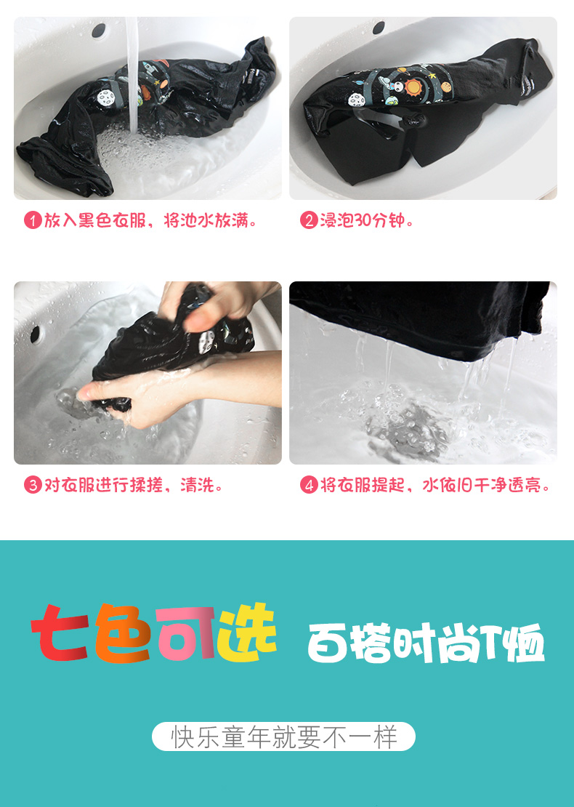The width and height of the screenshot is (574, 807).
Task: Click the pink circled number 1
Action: (x=33, y=221)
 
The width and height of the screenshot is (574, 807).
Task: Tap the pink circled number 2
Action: (x=309, y=221)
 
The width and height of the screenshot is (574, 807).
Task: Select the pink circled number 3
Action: (x=33, y=485)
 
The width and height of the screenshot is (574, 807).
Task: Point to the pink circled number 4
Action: (x=309, y=485)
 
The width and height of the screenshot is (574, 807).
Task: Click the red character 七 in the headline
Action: (x=60, y=633)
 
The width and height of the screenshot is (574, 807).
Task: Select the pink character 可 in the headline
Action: (x=186, y=633)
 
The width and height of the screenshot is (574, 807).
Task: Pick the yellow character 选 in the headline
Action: (x=247, y=633)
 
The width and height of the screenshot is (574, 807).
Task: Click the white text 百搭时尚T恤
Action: (x=426, y=643)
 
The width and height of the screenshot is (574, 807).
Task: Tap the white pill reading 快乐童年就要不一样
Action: (x=283, y=736)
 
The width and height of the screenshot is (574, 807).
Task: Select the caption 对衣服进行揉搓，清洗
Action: (x=133, y=485)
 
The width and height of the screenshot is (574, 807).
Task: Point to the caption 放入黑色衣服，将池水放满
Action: (x=150, y=221)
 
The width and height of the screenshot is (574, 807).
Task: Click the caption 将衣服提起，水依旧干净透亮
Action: (x=435, y=485)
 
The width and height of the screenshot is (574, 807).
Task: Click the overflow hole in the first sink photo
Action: (x=98, y=31)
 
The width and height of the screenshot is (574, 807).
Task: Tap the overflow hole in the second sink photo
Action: (x=379, y=28)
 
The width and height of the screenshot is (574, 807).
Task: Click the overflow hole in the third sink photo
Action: (x=35, y=334)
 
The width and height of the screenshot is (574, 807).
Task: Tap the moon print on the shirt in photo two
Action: (x=356, y=100)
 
